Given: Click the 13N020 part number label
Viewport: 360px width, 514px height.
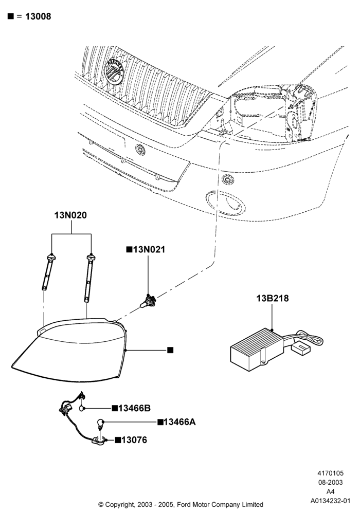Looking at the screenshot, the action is pyautogui.click(x=70, y=215).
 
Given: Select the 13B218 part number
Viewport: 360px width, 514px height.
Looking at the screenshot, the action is pyautogui.click(x=273, y=298).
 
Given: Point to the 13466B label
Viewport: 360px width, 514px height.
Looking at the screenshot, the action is pyautogui.click(x=134, y=408).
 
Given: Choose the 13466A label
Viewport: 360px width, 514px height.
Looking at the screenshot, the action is pyautogui.click(x=179, y=422).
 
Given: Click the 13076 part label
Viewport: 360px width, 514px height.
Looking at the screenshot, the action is pyautogui.click(x=134, y=440).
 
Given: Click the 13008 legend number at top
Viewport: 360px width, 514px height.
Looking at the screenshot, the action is pyautogui.click(x=38, y=16).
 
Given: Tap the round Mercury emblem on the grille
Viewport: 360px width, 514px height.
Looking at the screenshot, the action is pyautogui.click(x=114, y=71).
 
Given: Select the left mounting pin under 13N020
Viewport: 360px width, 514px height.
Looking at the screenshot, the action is pyautogui.click(x=48, y=272).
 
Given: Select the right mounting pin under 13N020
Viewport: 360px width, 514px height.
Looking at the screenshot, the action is pyautogui.click(x=89, y=278).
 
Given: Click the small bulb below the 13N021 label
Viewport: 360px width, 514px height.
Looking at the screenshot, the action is pyautogui.click(x=148, y=301).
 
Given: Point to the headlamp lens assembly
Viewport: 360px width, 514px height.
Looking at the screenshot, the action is pyautogui.click(x=69, y=351).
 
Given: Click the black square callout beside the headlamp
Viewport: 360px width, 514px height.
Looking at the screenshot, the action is pyautogui.click(x=170, y=350).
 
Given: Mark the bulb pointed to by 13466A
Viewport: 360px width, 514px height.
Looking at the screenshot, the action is pyautogui.click(x=100, y=424).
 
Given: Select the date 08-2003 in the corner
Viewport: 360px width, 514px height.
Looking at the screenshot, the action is pyautogui.click(x=331, y=482).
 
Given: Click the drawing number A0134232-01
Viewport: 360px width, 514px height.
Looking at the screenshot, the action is pyautogui.click(x=331, y=501).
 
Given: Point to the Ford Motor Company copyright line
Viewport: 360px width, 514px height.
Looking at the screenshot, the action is pyautogui.click(x=181, y=504).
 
